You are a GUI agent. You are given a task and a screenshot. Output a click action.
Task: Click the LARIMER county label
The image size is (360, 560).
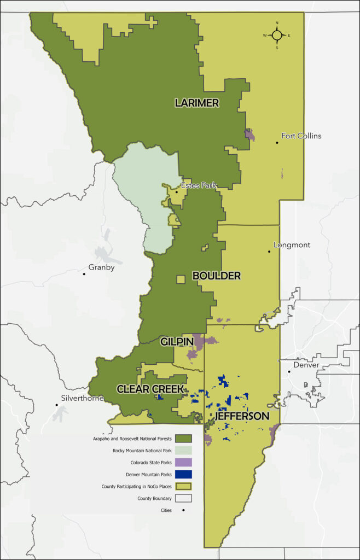pos(197,103)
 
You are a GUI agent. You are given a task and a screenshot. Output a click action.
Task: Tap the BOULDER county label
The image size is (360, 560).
pos(217,276)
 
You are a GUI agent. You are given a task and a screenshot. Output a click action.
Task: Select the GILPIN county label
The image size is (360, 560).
pos(176,342)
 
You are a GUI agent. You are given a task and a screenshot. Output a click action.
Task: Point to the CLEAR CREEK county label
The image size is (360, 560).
pos(150,389)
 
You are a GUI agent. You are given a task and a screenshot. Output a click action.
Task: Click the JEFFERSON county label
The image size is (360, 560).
pos(242,416)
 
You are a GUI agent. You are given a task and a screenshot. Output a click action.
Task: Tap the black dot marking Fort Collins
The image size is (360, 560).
pos(277,143)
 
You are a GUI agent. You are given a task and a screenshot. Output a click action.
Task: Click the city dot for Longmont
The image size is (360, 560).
pos(269,252)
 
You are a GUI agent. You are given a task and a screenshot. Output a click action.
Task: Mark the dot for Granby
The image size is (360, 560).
pos(84,273)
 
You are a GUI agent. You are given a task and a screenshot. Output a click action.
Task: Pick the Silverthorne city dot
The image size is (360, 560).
pos(57,405)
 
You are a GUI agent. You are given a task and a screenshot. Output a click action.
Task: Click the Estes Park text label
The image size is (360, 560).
pos(199,185)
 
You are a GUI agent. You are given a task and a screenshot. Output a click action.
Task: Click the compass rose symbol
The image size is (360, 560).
pos(277,35)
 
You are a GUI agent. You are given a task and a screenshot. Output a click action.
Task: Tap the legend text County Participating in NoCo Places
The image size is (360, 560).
pos(137,486)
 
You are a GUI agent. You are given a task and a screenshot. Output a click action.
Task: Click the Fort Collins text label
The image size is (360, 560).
pos(301,136)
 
